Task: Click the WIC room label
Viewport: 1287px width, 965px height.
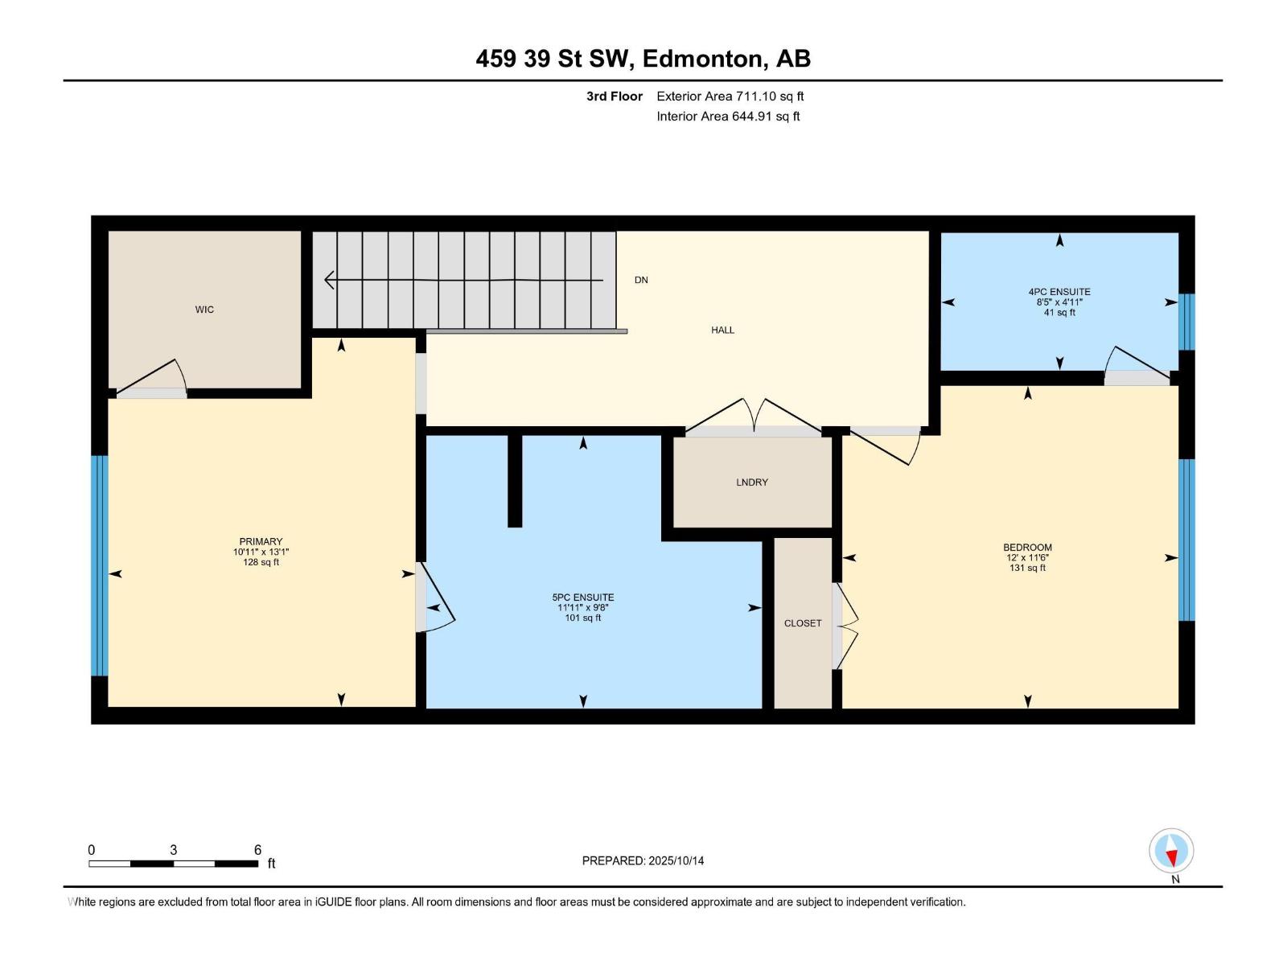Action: coord(204,310)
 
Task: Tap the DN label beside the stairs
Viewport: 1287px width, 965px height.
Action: coord(641,280)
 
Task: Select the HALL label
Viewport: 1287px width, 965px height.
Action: coord(722,330)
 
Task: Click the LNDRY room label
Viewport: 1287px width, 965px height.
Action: coord(752,482)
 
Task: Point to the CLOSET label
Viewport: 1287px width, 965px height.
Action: coord(803,623)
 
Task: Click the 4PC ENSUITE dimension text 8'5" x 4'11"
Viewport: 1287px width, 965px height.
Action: coord(1059,302)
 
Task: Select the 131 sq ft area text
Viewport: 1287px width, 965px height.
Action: coord(1027,568)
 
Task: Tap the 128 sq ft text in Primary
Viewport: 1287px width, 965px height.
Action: coord(261,562)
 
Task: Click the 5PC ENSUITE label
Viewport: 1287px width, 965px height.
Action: coord(583,597)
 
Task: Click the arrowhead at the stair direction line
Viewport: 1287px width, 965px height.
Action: coord(330,280)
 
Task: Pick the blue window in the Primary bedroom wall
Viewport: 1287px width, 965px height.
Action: coord(99,565)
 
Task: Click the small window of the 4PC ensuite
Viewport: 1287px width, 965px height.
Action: coord(1186,322)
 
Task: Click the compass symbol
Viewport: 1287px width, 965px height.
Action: coord(1171,851)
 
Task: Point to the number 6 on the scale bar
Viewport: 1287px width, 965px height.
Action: coord(257,850)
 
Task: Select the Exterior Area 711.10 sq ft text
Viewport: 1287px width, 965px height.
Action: coord(730,96)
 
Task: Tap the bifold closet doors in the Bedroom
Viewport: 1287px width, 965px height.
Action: coord(845,626)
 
